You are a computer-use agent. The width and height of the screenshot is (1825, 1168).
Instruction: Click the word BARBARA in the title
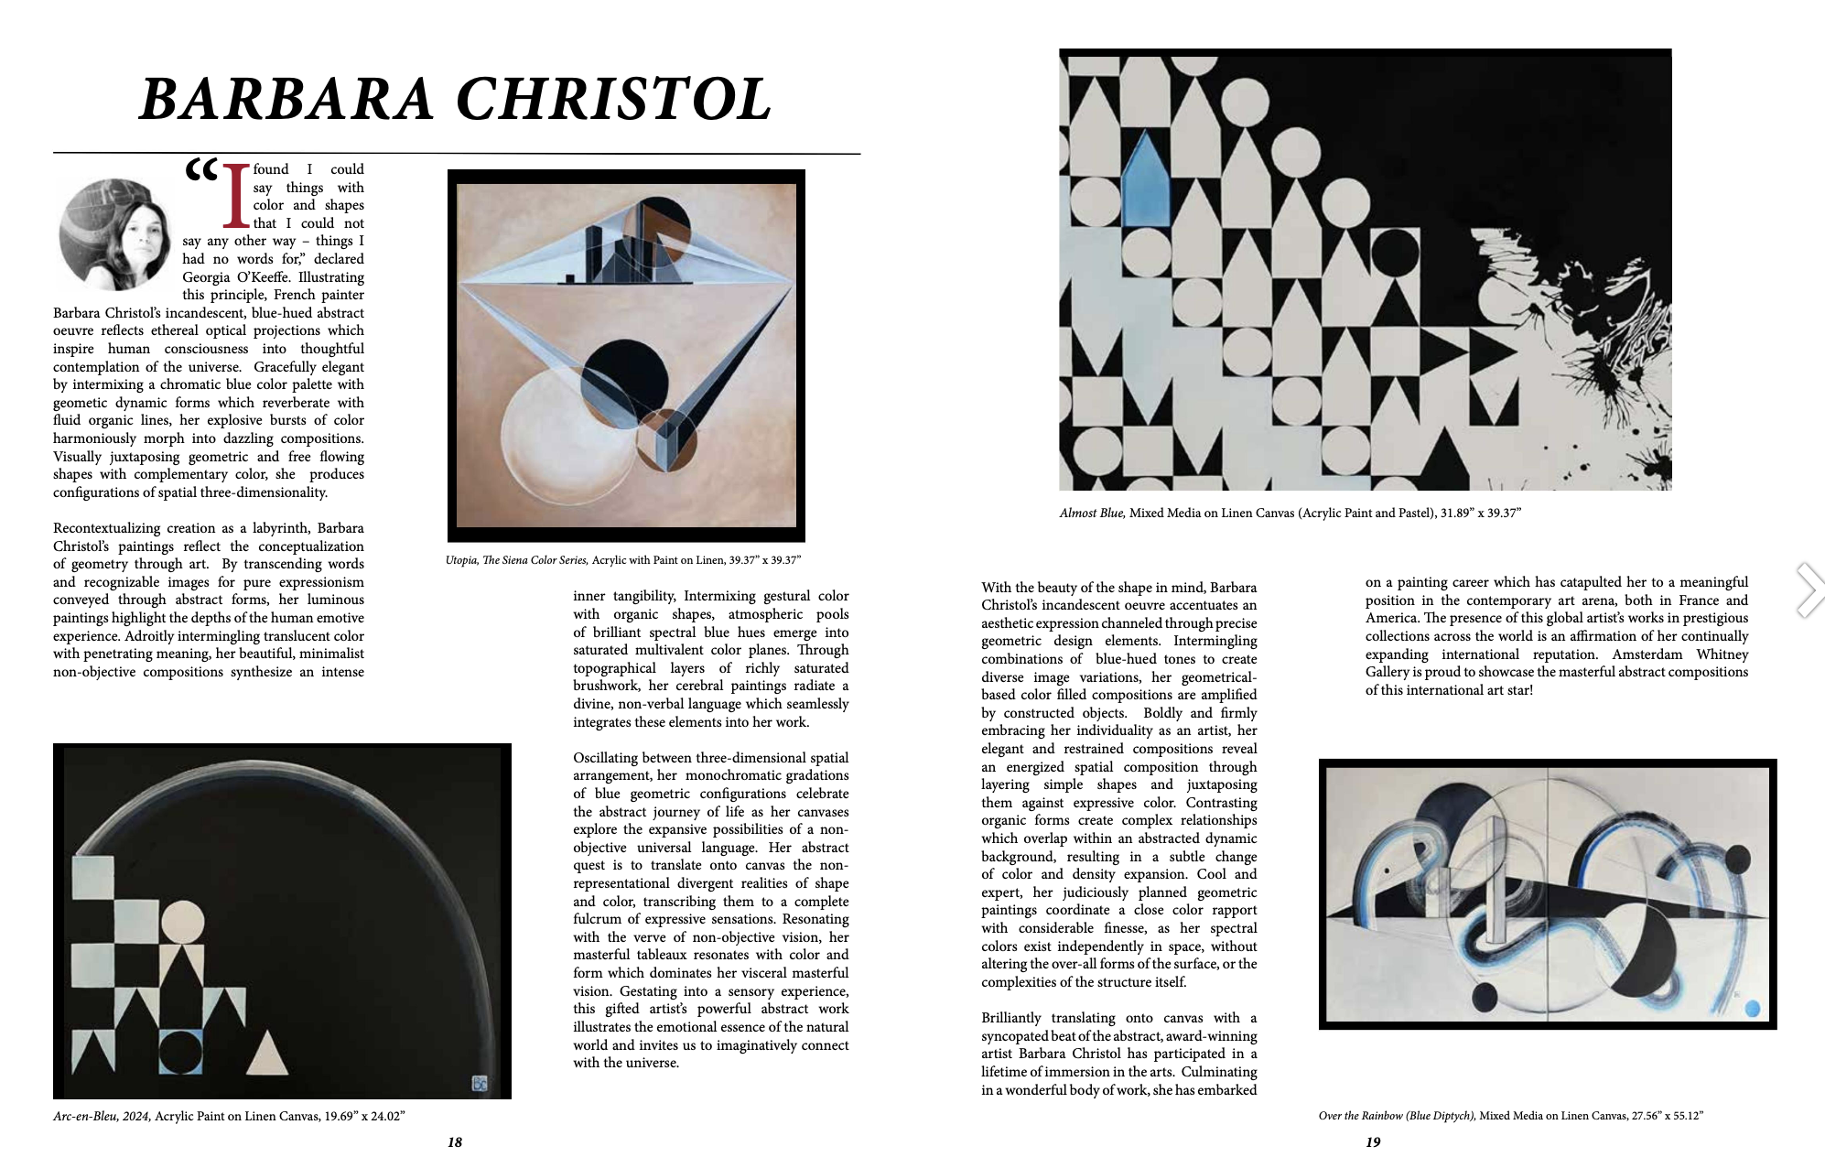click(x=286, y=99)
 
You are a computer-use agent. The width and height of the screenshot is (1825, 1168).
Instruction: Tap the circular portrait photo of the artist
click(x=116, y=234)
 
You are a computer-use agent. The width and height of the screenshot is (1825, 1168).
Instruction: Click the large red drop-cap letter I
click(x=236, y=196)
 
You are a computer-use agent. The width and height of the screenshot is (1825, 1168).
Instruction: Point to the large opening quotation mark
click(x=201, y=170)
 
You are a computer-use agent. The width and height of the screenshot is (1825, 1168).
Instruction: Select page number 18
click(x=455, y=1142)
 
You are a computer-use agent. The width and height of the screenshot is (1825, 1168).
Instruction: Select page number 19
click(x=1373, y=1142)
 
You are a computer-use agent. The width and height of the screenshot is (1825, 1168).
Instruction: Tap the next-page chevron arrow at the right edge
click(x=1809, y=590)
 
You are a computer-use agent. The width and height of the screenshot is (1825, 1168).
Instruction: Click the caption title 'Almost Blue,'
click(x=1092, y=514)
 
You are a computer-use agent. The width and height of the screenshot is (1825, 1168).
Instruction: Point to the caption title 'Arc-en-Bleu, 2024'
click(x=103, y=1116)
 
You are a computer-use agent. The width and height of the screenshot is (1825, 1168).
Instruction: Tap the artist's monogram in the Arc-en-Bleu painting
click(x=480, y=1084)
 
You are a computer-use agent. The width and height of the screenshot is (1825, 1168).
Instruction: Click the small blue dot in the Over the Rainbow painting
click(x=1752, y=1009)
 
